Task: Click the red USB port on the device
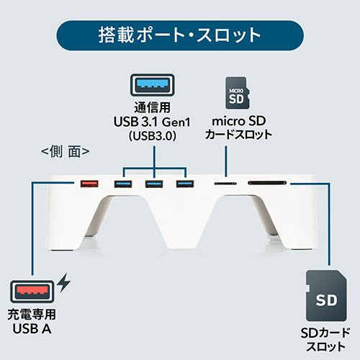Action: [89, 184]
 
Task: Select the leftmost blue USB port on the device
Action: [123, 184]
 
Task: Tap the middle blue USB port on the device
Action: [154, 184]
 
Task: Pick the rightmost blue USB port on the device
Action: [185, 184]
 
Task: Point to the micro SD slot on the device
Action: [225, 184]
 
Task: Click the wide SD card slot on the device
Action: [267, 183]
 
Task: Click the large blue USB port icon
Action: [153, 85]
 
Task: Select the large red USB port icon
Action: [32, 292]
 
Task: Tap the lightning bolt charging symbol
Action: [64, 283]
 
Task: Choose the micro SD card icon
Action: [237, 93]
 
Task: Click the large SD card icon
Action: [326, 296]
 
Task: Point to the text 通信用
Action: [153, 107]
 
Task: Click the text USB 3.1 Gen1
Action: [152, 122]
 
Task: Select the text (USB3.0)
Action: [153, 136]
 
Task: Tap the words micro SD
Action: [239, 121]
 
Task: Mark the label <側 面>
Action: [66, 151]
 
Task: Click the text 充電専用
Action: [32, 315]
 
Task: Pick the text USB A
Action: [32, 329]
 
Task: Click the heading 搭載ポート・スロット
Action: [179, 35]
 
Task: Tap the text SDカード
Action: [325, 333]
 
